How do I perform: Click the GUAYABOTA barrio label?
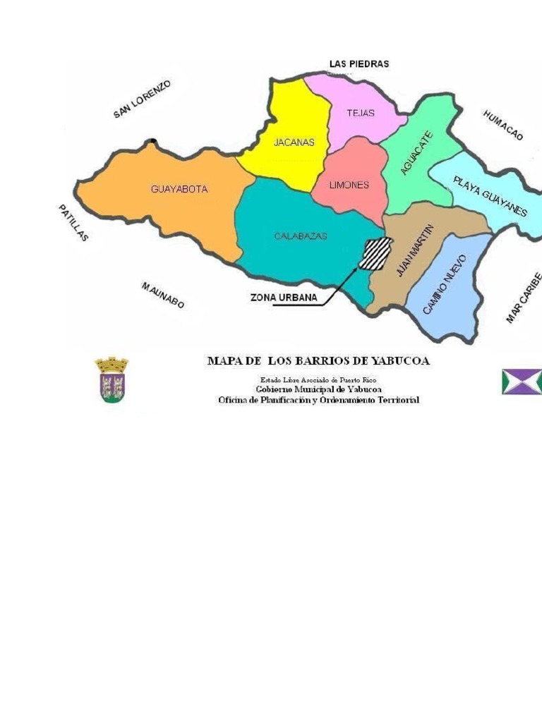[x=179, y=189]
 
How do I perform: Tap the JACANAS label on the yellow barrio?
[x=294, y=142]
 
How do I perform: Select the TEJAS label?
[x=360, y=113]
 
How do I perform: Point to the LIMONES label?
[x=349, y=185]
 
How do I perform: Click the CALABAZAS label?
[x=301, y=236]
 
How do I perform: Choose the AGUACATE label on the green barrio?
[x=416, y=153]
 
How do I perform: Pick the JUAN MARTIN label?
[x=415, y=250]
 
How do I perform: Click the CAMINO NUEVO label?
[x=445, y=284]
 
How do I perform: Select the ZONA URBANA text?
[x=284, y=298]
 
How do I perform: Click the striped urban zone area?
[x=375, y=253]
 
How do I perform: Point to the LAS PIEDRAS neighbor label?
[x=359, y=63]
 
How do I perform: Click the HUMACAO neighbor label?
[x=503, y=125]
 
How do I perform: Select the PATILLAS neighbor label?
[x=73, y=223]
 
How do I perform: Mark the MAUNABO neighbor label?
[x=163, y=295]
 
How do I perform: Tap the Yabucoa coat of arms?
[x=112, y=379]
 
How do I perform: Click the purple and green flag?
[x=522, y=381]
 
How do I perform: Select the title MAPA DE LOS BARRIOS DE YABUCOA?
[x=318, y=360]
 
